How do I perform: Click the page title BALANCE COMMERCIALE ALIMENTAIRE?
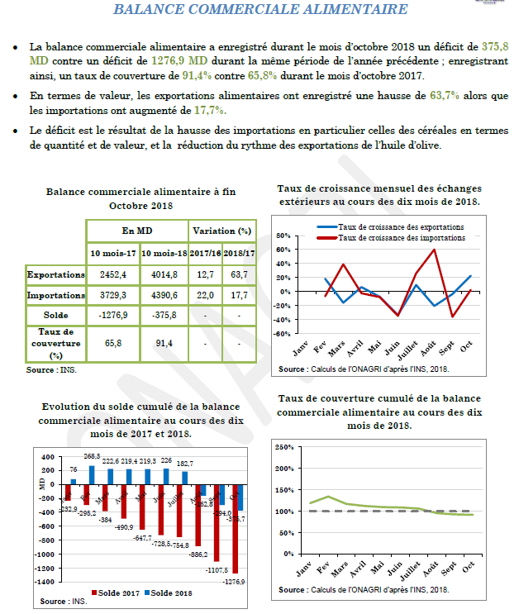tap(259, 10)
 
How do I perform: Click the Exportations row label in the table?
tap(55, 274)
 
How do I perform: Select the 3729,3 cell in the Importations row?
tap(112, 295)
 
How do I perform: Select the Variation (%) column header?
tap(221, 231)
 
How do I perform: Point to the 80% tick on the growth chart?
tap(283, 236)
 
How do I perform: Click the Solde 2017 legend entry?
tap(121, 593)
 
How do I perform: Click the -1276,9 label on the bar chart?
tap(234, 582)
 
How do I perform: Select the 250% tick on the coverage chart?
tap(283, 447)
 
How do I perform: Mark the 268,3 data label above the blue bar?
tap(91, 456)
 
